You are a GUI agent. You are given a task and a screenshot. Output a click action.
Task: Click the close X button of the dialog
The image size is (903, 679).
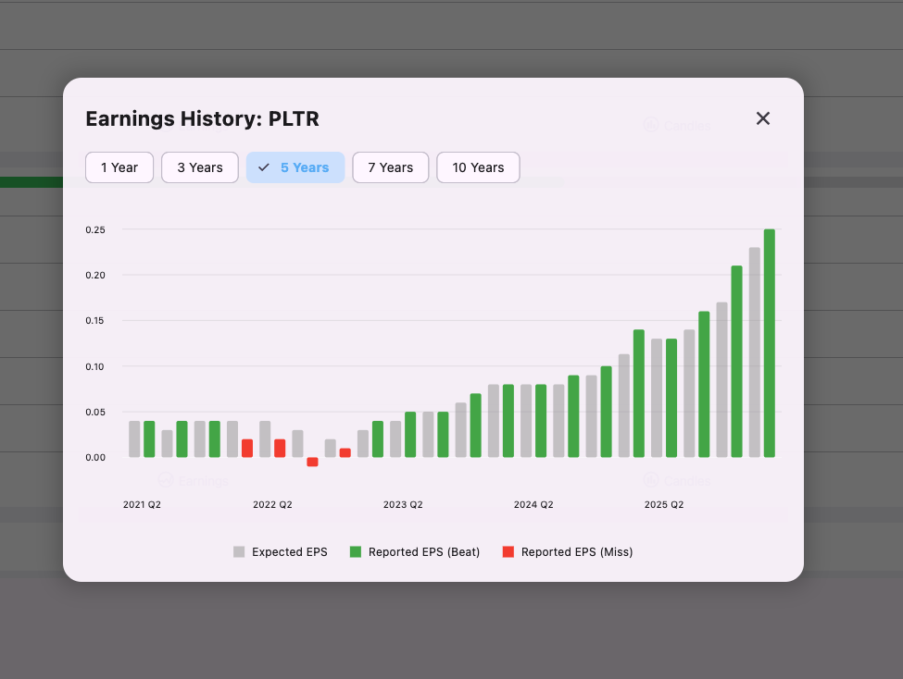(763, 118)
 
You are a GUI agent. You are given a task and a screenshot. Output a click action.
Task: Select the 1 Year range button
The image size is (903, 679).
(119, 167)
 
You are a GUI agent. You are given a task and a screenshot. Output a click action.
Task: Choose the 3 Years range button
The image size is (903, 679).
(200, 167)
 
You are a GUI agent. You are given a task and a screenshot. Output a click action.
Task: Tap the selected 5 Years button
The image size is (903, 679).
(295, 167)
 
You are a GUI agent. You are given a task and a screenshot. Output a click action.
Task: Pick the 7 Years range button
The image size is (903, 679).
(390, 167)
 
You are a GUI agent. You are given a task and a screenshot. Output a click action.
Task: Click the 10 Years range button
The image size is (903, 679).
(478, 167)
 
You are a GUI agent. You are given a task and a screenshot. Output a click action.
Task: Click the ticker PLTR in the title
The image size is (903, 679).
(294, 118)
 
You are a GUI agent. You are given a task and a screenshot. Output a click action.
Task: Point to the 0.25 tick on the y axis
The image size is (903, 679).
(96, 229)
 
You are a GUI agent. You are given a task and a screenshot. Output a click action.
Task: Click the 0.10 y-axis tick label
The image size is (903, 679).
(96, 366)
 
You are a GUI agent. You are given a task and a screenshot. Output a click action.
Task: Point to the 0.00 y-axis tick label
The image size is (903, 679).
(96, 457)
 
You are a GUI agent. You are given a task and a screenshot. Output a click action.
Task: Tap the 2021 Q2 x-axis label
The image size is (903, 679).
(143, 505)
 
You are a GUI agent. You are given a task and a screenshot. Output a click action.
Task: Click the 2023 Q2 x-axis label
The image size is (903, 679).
(403, 505)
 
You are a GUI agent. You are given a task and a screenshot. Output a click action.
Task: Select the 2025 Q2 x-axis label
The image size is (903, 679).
(664, 505)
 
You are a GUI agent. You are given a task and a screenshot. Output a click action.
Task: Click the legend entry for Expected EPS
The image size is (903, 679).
(281, 552)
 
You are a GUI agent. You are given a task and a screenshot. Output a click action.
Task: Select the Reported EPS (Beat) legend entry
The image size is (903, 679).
(414, 552)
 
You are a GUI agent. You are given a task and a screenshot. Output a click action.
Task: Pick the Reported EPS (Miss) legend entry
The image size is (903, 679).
(567, 552)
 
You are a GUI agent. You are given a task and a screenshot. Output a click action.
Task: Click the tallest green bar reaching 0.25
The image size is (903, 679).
(770, 343)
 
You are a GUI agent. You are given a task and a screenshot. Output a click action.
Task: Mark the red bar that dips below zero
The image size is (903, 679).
(312, 462)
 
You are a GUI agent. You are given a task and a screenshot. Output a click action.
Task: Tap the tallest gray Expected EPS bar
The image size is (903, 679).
(755, 352)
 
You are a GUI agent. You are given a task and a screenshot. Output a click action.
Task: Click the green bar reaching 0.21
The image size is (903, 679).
(737, 362)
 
